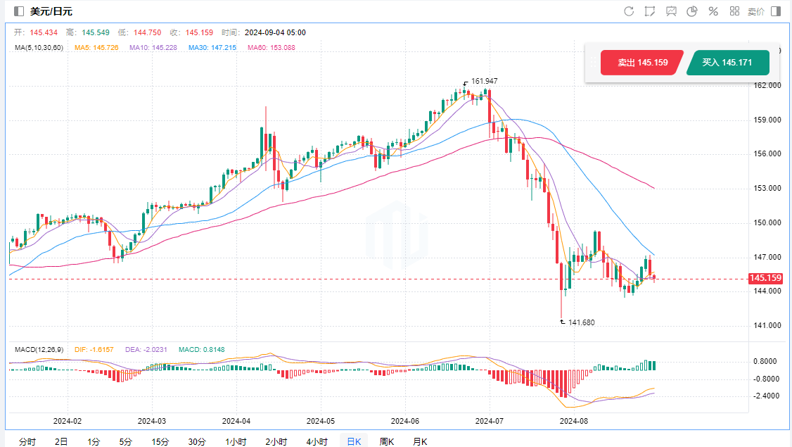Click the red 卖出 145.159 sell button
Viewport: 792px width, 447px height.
(x=641, y=63)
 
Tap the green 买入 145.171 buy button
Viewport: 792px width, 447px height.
(x=727, y=63)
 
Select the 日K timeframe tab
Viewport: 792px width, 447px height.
(x=352, y=441)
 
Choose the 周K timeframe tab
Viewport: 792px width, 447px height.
(x=387, y=441)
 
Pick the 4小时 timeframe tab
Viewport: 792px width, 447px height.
(x=317, y=441)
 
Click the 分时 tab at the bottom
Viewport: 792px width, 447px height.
(x=27, y=441)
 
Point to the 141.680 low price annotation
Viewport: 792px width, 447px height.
(x=580, y=322)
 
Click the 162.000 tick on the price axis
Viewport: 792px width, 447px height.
(x=766, y=86)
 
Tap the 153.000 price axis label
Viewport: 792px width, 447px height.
(x=766, y=189)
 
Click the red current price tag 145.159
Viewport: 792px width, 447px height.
(x=766, y=278)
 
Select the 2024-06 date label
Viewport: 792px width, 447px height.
(x=404, y=421)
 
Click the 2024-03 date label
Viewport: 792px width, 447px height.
(x=151, y=421)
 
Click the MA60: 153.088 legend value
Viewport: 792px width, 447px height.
(x=272, y=47)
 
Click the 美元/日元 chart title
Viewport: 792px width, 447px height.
(x=51, y=11)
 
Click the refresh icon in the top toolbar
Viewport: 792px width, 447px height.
(x=629, y=11)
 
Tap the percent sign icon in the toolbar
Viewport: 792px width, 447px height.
(x=713, y=11)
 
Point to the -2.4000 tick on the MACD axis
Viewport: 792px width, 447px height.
(x=766, y=396)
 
